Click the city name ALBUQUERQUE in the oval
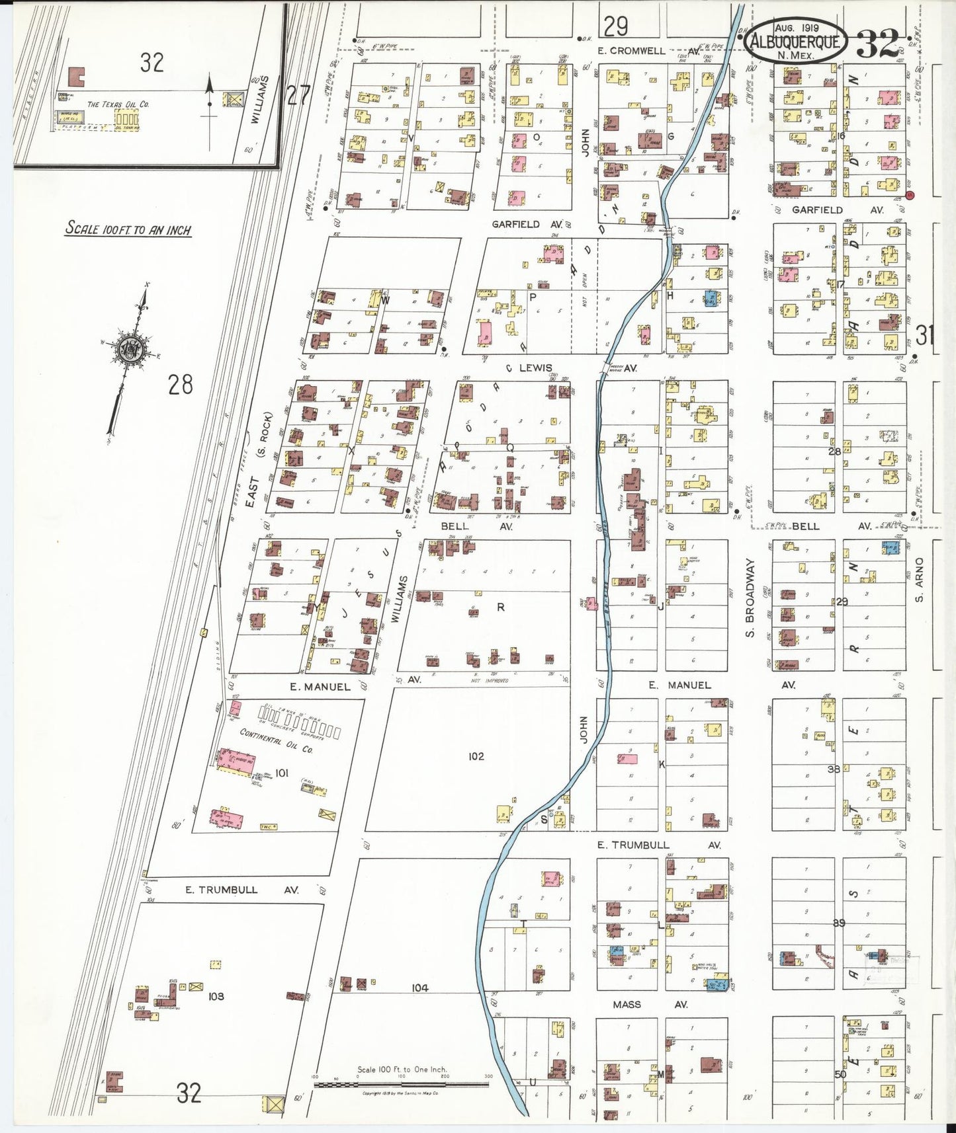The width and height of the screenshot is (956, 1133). click(795, 42)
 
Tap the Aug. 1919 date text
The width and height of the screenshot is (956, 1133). click(796, 28)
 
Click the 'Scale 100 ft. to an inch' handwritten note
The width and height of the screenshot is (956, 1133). click(128, 229)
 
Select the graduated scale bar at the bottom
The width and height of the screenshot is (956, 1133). click(401, 1084)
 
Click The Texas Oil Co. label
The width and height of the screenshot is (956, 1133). click(118, 104)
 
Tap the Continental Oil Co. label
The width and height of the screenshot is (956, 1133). click(277, 741)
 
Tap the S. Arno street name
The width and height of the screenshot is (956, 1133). click(919, 580)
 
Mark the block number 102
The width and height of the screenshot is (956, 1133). click(476, 756)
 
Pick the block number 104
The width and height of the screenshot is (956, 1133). click(419, 988)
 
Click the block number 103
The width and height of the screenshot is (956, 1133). click(216, 996)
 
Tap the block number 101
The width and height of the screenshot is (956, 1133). click(282, 773)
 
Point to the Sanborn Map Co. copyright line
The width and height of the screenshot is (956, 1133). click(400, 1094)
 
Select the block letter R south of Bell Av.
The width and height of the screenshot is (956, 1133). click(501, 607)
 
